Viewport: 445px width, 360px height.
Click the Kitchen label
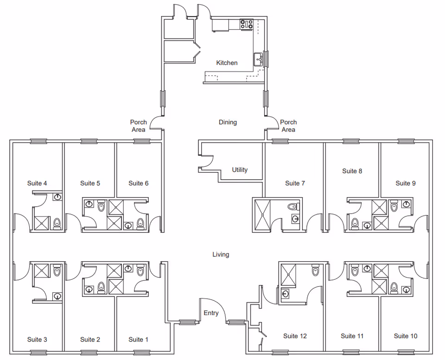pyautogui.click(x=227, y=63)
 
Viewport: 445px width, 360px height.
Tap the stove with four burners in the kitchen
pyautogui.click(x=246, y=24)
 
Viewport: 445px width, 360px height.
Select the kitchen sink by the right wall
pyautogui.click(x=258, y=60)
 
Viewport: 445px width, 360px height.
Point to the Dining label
pyautogui.click(x=228, y=122)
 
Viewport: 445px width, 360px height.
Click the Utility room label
pyautogui.click(x=240, y=170)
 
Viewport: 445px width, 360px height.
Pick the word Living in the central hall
pyautogui.click(x=221, y=254)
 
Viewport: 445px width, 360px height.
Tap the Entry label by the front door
pyautogui.click(x=211, y=313)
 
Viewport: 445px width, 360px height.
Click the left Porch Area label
pyautogui.click(x=139, y=126)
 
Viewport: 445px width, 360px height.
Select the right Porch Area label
pyautogui.click(x=288, y=126)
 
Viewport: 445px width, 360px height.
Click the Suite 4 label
pyautogui.click(x=37, y=183)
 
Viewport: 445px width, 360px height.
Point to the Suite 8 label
pyautogui.click(x=352, y=171)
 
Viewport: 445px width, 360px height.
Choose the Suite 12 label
pyautogui.click(x=295, y=336)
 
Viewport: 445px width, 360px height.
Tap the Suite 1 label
pyautogui.click(x=138, y=340)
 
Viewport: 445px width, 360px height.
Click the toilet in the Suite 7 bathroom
pyautogui.click(x=293, y=207)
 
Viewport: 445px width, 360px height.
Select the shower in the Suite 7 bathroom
pyautogui.click(x=262, y=215)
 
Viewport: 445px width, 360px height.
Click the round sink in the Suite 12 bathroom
pyautogui.click(x=286, y=294)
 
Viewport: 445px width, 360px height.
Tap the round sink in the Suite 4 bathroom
pyautogui.click(x=58, y=197)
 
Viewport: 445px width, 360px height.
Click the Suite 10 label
pyautogui.click(x=406, y=336)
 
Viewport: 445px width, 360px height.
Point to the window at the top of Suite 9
pyautogui.click(x=406, y=141)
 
